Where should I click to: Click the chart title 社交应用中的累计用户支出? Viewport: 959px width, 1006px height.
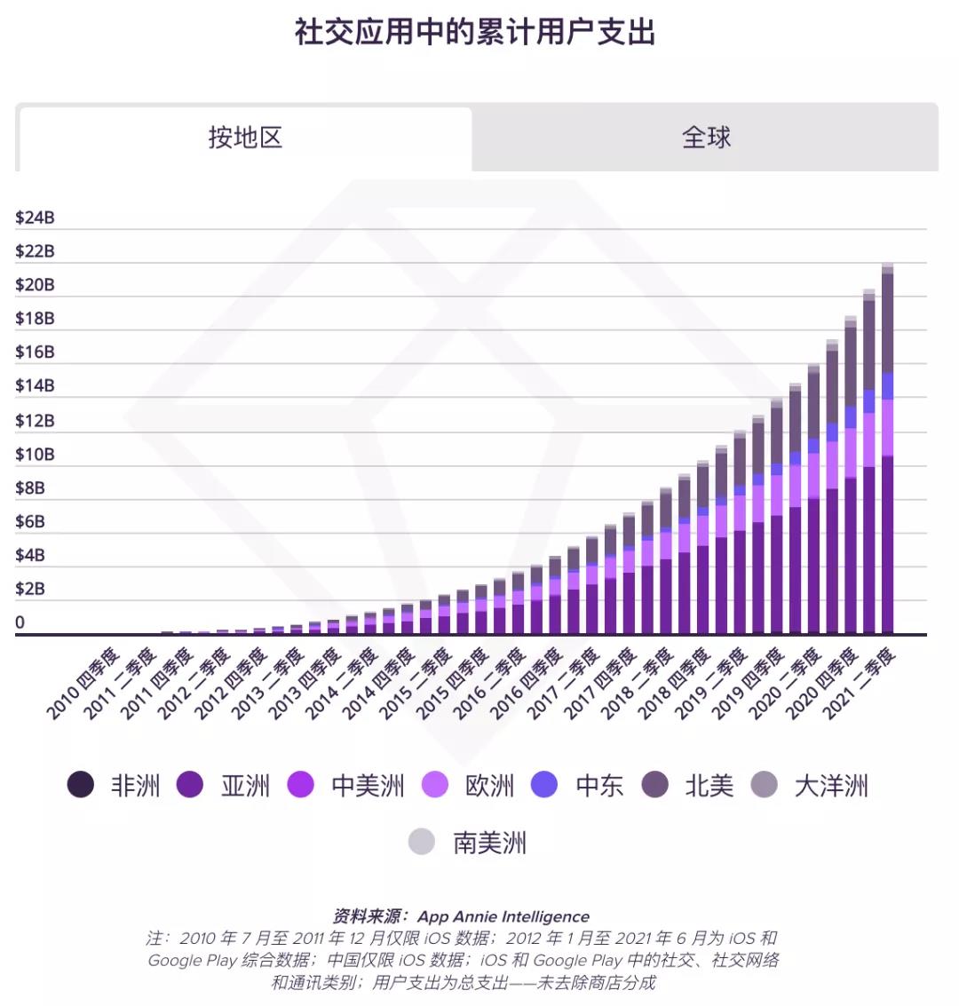pyautogui.click(x=475, y=33)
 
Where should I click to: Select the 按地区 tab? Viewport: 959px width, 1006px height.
pyautogui.click(x=245, y=138)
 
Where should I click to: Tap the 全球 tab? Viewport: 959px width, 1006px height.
pyautogui.click(x=706, y=138)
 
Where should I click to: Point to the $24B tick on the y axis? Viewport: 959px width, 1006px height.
pyautogui.click(x=35, y=218)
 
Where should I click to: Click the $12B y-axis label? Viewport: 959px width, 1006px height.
pyautogui.click(x=35, y=420)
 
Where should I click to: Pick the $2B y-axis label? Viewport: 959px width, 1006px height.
pyautogui.click(x=30, y=589)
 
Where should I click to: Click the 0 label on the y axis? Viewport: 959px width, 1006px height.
pyautogui.click(x=20, y=622)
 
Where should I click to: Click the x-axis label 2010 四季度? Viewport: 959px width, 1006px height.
pyautogui.click(x=83, y=684)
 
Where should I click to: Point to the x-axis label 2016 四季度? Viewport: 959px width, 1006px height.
pyautogui.click(x=527, y=684)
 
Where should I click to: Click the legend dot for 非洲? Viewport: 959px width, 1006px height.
pyautogui.click(x=81, y=785)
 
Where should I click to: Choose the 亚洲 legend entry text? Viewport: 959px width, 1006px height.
pyautogui.click(x=245, y=786)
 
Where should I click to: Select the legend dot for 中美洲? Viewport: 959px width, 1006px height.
pyautogui.click(x=301, y=785)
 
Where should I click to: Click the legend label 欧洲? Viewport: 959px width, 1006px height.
pyautogui.click(x=489, y=786)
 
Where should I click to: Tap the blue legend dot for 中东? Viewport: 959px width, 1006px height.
pyautogui.click(x=544, y=785)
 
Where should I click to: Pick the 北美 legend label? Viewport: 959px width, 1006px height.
pyautogui.click(x=709, y=786)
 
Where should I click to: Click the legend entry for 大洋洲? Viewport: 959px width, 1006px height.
pyautogui.click(x=830, y=786)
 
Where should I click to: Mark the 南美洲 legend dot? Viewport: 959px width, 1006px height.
pyautogui.click(x=422, y=842)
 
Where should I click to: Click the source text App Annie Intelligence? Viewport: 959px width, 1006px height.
pyautogui.click(x=503, y=916)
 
